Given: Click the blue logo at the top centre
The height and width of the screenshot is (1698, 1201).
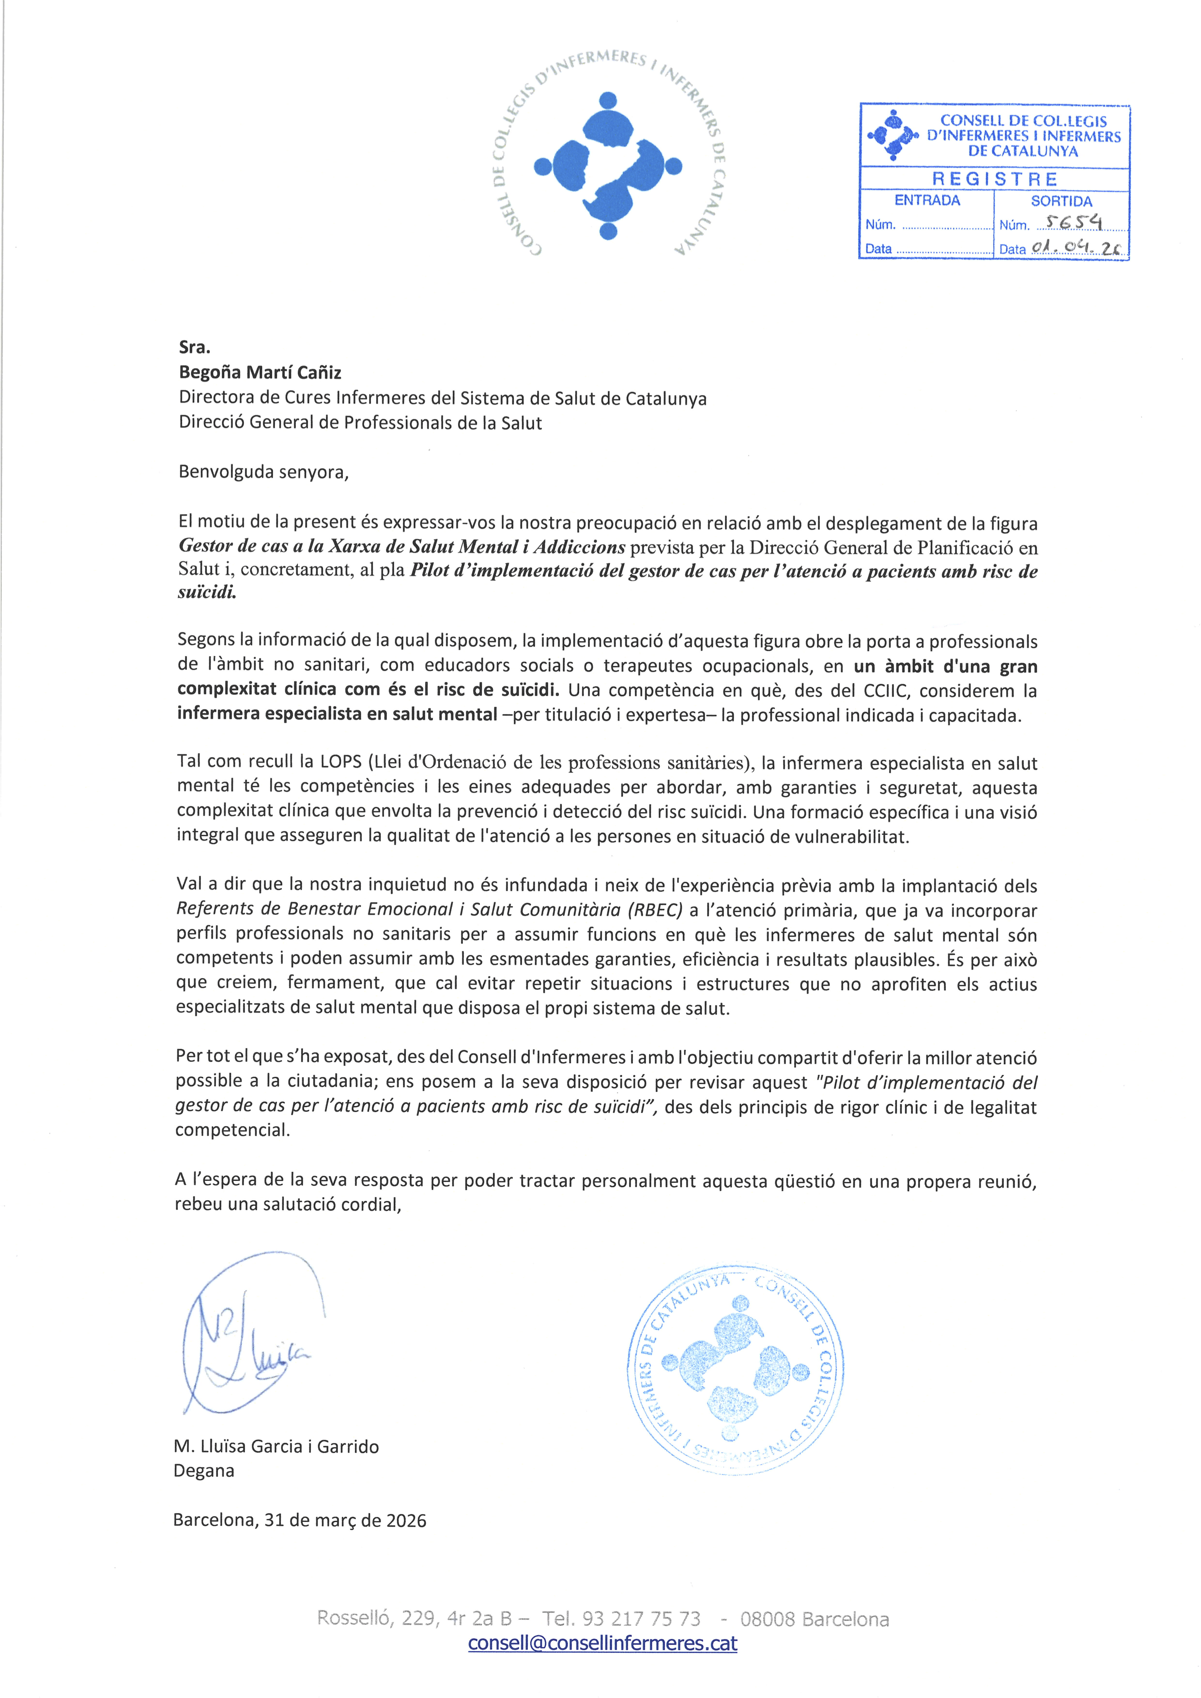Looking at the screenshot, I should click(608, 166).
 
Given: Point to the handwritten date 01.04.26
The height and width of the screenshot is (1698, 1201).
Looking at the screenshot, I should click(1076, 248).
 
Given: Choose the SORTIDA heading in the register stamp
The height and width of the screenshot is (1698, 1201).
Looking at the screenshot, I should click(1061, 201).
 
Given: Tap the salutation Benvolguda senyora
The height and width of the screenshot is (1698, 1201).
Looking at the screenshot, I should click(263, 472).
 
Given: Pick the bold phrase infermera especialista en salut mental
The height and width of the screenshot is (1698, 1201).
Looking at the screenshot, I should click(337, 715).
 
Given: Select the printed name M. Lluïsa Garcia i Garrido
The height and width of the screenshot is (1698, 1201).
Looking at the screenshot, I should click(276, 1447).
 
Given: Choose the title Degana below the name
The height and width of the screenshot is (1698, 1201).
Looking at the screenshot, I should click(203, 1471).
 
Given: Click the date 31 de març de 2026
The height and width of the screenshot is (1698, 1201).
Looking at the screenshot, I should click(345, 1520).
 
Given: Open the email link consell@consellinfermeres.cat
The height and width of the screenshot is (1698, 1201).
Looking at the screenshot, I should click(603, 1643).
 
